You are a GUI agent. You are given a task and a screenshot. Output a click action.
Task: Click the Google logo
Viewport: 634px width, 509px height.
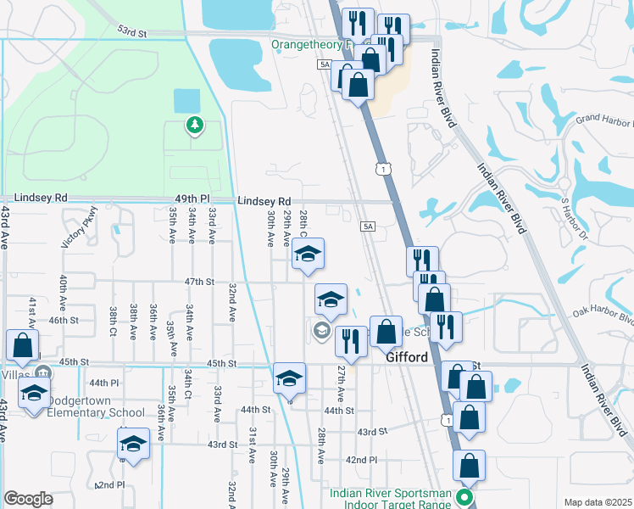29,499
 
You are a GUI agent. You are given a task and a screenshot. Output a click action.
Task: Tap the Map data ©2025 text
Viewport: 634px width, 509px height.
598,502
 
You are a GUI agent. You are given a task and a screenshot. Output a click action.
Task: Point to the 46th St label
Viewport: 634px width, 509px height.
64,321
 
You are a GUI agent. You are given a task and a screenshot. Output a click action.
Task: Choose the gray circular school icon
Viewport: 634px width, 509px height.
321,331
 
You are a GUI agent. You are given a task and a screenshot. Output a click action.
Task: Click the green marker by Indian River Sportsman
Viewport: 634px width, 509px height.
464,496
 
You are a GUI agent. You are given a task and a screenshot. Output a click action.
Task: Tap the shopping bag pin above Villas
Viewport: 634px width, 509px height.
22,346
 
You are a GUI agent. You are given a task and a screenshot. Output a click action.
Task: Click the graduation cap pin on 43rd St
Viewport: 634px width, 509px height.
133,444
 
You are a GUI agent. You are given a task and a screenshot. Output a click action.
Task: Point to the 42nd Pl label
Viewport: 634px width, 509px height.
361,460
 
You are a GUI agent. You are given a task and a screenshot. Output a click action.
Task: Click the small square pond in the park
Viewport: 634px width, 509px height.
186,101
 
